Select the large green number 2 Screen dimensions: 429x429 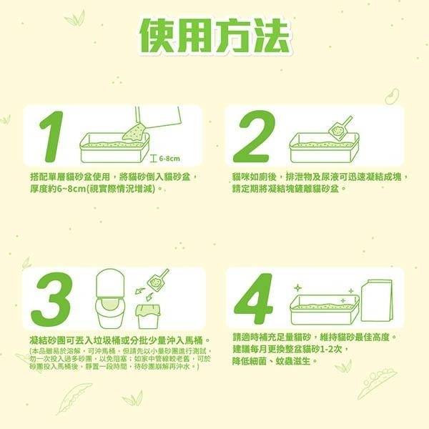(x=254, y=137)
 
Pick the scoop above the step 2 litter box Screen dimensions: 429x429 (x=339, y=127)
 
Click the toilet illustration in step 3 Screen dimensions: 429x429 (x=109, y=294)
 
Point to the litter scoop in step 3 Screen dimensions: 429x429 (x=157, y=280)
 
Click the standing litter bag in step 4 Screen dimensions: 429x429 (x=376, y=300)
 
